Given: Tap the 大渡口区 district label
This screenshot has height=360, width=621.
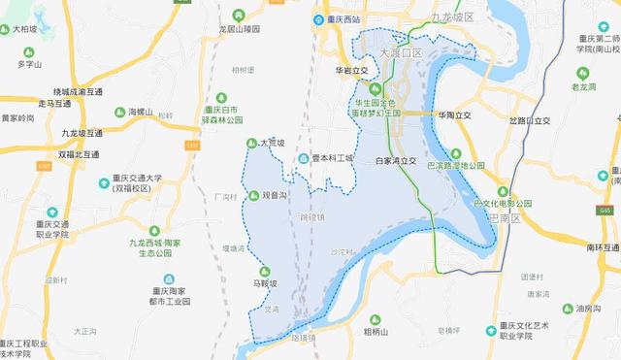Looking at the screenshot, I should (401, 52).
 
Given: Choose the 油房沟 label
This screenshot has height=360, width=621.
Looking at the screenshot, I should (592, 309).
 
